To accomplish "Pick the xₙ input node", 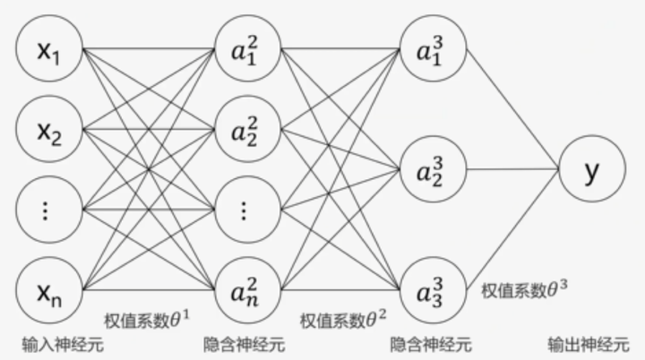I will pos(48,290).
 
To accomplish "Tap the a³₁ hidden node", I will pos(433,50).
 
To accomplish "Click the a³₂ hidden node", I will pos(433,169).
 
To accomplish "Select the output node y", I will pos(590,170).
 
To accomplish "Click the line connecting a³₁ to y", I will pos(511,107).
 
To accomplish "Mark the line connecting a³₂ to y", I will pos(511,169).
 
